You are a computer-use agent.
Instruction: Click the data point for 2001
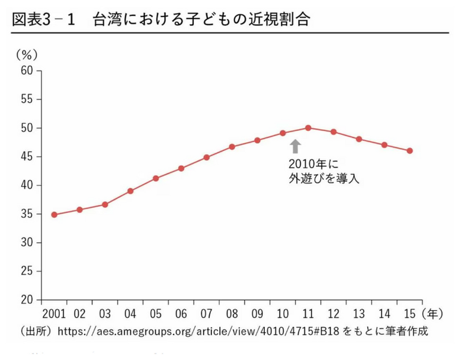click(54, 215)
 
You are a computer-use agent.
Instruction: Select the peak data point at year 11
click(308, 128)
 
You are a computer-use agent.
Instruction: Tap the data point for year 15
click(409, 151)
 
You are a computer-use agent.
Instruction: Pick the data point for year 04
click(130, 191)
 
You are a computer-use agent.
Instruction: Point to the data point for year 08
click(232, 147)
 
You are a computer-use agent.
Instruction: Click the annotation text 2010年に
click(312, 163)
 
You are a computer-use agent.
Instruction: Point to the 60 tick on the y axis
click(27, 70)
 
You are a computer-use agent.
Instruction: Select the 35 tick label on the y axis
click(27, 214)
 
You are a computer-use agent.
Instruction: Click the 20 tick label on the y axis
click(27, 300)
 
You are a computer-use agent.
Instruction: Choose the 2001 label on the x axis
click(54, 313)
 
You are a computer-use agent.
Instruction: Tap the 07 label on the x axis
click(206, 313)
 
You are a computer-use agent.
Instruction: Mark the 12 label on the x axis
click(334, 313)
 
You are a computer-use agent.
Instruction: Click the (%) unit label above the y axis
click(26, 54)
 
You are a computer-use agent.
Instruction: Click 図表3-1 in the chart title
click(45, 20)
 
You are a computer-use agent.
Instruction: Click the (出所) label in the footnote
click(36, 330)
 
